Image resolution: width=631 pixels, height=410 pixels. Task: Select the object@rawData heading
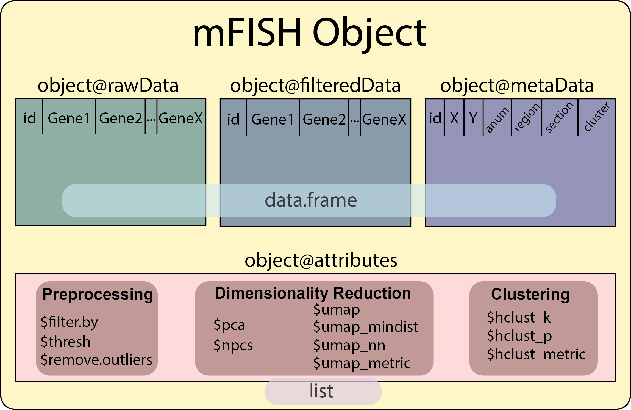point(108,86)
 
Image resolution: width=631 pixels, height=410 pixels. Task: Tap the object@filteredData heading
point(315,86)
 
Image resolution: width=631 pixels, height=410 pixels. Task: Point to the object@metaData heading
point(517,86)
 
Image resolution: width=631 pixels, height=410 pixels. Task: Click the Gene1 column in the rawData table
point(69,119)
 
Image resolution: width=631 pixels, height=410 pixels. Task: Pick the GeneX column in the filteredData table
point(384,120)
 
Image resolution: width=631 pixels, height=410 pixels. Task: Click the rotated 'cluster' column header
point(596,117)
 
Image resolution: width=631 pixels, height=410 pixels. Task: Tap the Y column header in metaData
point(473,119)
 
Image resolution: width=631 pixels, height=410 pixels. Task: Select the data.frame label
point(311,200)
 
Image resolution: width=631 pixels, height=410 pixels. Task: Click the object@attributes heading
point(321,260)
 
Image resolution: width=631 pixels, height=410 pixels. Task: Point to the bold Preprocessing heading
point(98,295)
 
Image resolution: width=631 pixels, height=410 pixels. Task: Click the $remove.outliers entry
point(96,360)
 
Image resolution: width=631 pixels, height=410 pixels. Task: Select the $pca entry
point(229,325)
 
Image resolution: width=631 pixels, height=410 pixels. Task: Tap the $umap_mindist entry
point(366,327)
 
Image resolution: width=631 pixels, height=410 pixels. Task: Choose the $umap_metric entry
point(362,363)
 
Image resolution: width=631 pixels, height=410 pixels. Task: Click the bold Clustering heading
point(530,295)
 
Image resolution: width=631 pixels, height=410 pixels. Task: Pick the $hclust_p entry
point(519,336)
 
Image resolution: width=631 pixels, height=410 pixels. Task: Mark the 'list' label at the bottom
point(321,391)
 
